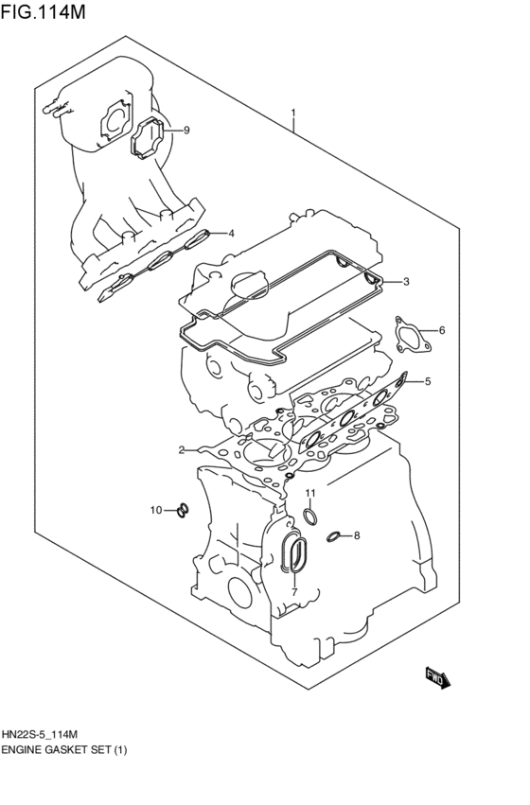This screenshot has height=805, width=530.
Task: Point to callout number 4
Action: (230, 233)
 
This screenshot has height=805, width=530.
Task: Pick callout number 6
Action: (441, 330)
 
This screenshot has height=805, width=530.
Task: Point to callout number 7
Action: (294, 592)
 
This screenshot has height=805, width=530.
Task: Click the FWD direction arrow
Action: (438, 676)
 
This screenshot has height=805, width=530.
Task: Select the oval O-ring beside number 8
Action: (333, 537)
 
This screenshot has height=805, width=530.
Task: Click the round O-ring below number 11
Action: (309, 515)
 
